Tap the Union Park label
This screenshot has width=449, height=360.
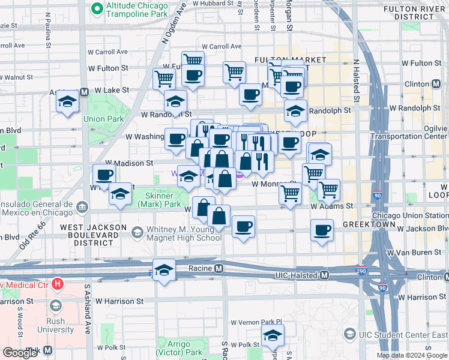[103, 119]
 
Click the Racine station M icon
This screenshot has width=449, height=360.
[219, 268]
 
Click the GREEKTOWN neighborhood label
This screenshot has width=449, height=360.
[369, 224]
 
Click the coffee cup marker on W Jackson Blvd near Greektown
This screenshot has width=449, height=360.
[322, 230]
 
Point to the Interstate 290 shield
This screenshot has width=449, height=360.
[362, 272]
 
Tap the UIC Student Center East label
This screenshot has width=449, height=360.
[403, 333]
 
